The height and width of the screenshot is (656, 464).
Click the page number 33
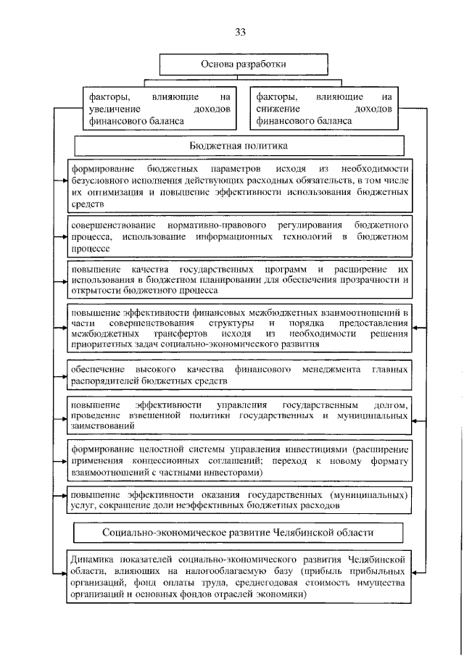coord(241,32)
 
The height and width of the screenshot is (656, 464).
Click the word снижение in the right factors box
coord(277,108)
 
